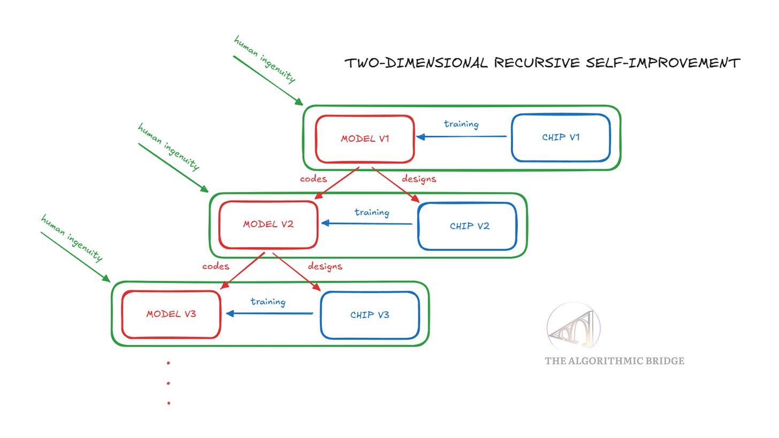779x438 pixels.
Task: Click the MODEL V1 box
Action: click(365, 139)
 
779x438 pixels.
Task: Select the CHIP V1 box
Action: click(561, 137)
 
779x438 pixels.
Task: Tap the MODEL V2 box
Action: click(268, 225)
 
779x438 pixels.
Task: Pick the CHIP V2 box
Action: click(467, 226)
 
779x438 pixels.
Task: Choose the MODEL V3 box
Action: click(171, 314)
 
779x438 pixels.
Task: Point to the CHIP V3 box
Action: click(369, 315)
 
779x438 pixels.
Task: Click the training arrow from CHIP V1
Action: click(461, 136)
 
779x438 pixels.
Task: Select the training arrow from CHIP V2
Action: click(367, 224)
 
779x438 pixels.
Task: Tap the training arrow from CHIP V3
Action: click(270, 313)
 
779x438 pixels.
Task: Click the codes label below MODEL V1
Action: click(313, 179)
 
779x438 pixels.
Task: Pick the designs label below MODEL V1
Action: click(419, 179)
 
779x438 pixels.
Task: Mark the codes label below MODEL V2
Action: click(216, 266)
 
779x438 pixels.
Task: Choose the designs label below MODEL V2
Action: click(325, 266)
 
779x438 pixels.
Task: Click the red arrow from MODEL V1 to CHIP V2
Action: click(396, 185)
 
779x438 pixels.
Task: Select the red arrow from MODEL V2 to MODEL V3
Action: click(242, 271)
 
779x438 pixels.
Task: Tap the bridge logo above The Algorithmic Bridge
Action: click(574, 328)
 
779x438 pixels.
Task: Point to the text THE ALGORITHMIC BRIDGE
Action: click(614, 361)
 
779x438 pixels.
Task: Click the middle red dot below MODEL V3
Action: click(169, 383)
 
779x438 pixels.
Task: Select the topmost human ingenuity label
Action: click(264, 59)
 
